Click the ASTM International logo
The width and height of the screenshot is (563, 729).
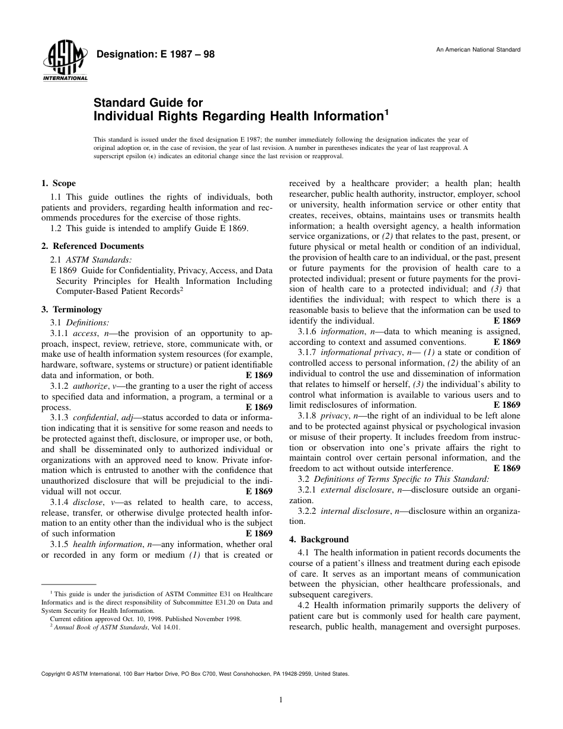click(x=65, y=62)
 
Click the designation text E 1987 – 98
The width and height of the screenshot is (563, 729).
click(x=155, y=55)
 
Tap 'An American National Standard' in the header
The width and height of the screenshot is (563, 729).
click(x=478, y=49)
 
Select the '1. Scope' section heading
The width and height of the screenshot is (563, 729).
click(x=58, y=184)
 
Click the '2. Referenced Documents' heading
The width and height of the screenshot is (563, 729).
click(x=92, y=246)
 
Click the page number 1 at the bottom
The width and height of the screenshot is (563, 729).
click(x=281, y=700)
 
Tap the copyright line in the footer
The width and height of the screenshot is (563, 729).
click(x=195, y=674)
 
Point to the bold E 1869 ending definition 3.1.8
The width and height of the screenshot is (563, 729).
click(x=507, y=468)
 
